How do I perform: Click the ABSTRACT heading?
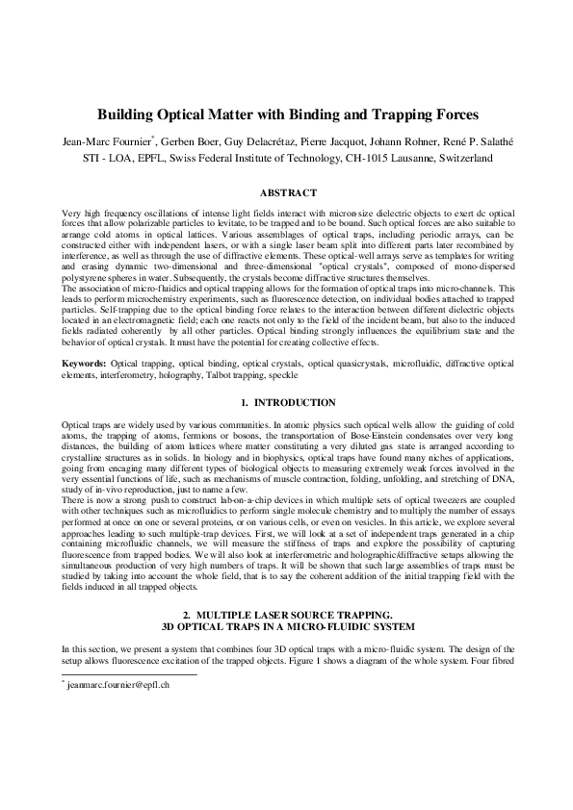(x=286, y=193)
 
